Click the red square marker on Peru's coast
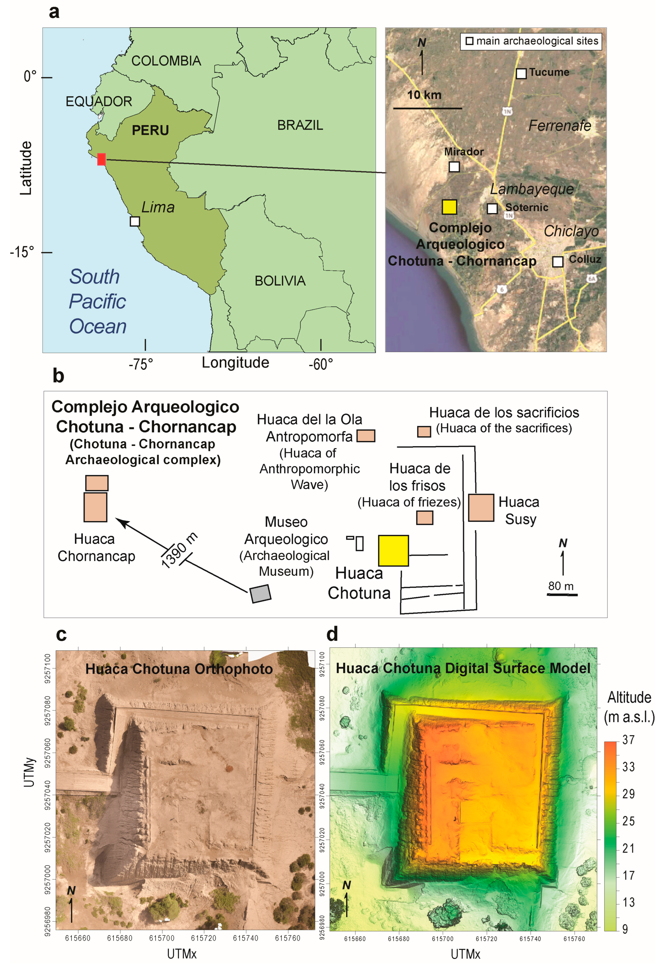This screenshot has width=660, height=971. coord(101,159)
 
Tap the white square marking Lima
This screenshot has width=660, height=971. coord(134,221)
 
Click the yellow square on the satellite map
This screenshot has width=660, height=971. coord(449,207)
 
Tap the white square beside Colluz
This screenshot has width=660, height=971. coord(557,261)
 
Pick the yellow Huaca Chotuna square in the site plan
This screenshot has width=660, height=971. coord(393,550)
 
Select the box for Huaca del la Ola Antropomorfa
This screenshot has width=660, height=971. coord(366,436)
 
